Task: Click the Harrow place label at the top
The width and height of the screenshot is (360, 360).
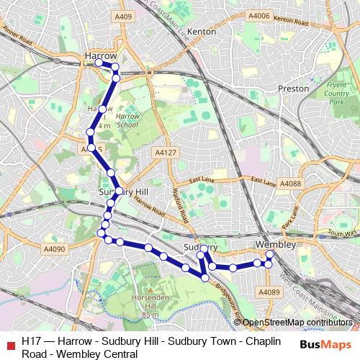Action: pos(101,55)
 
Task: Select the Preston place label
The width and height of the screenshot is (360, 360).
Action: pos(293,89)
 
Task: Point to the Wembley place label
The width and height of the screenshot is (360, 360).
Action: pos(276,245)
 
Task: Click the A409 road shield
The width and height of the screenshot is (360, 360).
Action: pos(124,17)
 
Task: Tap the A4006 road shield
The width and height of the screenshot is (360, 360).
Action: pos(258,16)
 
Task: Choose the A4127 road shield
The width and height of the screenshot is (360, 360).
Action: pos(166,153)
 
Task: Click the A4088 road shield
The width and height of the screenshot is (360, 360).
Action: pos(291,184)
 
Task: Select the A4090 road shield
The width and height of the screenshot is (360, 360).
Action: pos(54,249)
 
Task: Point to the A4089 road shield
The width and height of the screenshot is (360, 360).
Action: pos(269,292)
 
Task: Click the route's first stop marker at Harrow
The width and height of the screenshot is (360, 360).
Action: pos(99,63)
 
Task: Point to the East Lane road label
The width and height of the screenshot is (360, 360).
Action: pos(204,181)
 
